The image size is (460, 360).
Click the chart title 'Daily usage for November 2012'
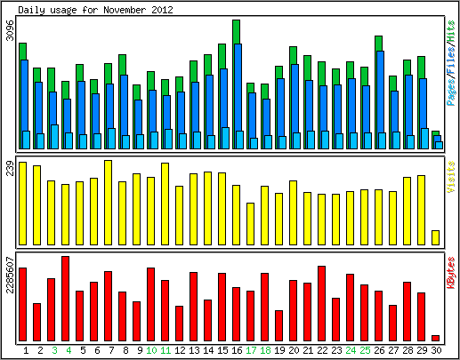click(x=95, y=10)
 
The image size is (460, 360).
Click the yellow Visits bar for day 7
click(x=108, y=203)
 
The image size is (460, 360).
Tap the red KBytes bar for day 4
click(x=65, y=299)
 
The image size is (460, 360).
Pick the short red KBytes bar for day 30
click(x=435, y=338)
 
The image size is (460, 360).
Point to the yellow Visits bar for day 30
click(x=435, y=237)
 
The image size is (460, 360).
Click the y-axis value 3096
click(x=10, y=30)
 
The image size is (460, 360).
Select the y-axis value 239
click(x=10, y=168)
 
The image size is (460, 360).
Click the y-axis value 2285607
click(x=10, y=276)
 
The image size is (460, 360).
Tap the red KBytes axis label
click(x=451, y=273)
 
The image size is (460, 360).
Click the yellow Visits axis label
click(x=451, y=177)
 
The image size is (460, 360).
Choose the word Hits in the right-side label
click(x=451, y=31)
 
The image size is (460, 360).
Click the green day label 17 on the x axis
click(x=251, y=350)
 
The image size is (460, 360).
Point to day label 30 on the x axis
click(x=436, y=350)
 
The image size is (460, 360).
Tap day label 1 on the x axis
click(x=26, y=350)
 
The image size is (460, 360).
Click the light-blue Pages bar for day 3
click(x=54, y=137)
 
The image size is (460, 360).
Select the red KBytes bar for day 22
click(x=321, y=303)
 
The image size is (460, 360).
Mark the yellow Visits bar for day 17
click(x=250, y=224)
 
